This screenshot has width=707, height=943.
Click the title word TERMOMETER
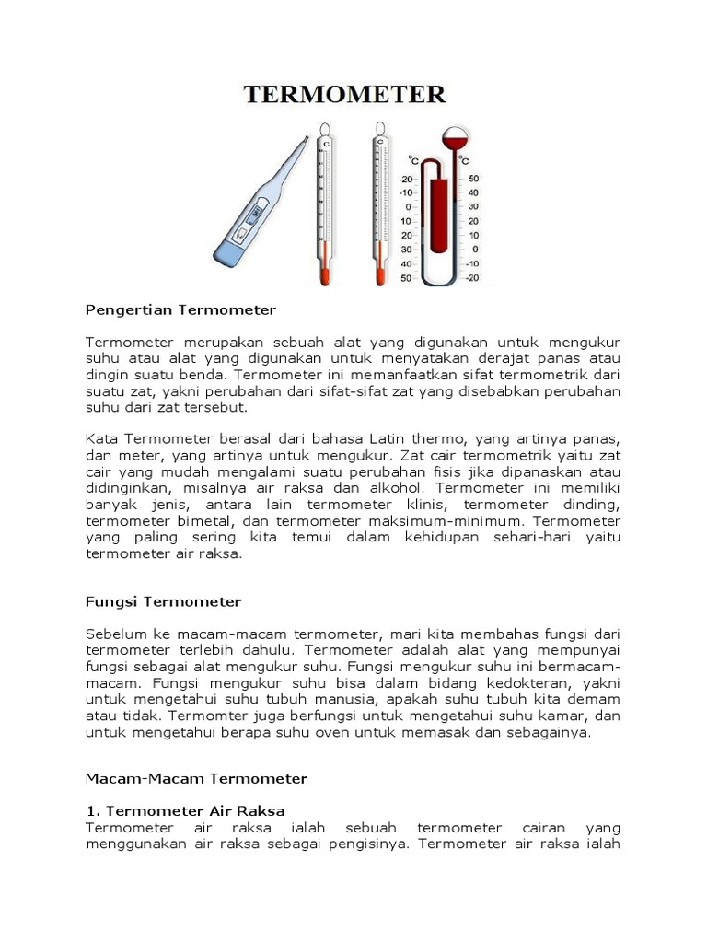[344, 94]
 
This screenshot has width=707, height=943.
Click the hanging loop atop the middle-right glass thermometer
[379, 129]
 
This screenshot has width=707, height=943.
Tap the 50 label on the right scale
[473, 179]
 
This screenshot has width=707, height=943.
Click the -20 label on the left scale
[406, 179]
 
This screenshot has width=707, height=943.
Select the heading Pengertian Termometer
[180, 309]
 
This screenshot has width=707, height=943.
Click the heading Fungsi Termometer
[163, 601]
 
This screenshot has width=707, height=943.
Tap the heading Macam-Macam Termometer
[196, 778]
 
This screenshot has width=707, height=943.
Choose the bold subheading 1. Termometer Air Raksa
[185, 810]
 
